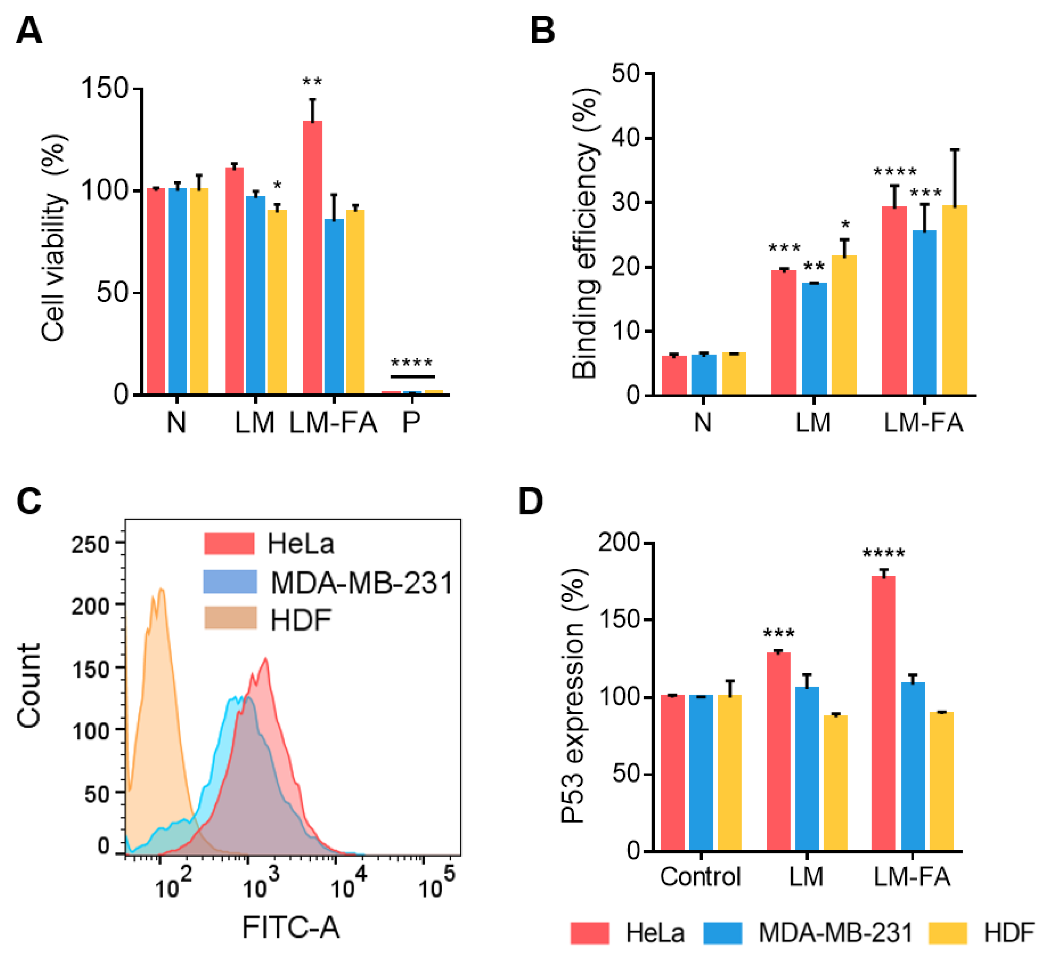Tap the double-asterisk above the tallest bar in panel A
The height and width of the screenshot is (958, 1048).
click(313, 82)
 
